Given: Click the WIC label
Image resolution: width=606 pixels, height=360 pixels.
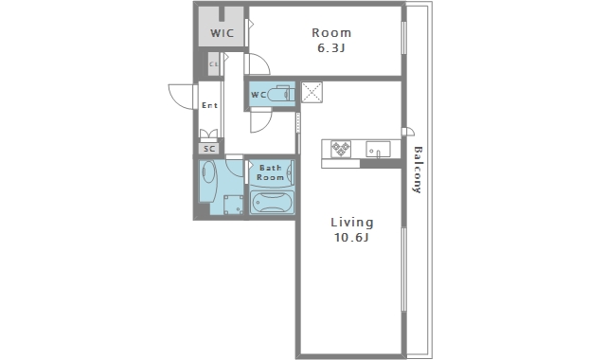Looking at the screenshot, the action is pos(223,33).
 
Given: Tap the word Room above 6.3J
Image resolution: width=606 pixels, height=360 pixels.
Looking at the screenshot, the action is pos(331,33).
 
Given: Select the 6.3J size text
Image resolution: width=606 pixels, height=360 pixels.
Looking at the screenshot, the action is pos(330,48).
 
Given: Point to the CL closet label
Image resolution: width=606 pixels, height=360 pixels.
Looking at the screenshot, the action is pos(214,64).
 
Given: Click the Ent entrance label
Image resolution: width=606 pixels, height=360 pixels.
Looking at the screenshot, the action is pos(210,105).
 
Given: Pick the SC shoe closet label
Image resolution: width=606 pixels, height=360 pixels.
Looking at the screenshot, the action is pos(209,149).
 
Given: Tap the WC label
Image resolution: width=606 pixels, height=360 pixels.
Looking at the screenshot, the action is pos(258,95).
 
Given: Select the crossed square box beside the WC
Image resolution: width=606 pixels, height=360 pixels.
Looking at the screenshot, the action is pos(312,92).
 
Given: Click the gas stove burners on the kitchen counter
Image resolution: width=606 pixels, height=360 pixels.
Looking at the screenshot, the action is pos(341,149).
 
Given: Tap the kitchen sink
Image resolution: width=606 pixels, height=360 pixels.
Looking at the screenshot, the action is pos(378,149).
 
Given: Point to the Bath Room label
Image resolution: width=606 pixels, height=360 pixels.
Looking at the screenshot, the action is pos(270,172).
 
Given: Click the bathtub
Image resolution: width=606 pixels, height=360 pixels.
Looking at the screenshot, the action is pos(272,202).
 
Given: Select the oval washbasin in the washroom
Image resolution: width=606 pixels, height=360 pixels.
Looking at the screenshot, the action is pos(208,171).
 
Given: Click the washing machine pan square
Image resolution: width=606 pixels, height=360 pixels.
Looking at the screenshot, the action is pos(234,205).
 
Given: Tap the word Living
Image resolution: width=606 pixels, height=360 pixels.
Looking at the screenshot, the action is pos(352,223).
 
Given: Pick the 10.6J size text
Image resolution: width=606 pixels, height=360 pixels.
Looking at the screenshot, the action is pos(351,238).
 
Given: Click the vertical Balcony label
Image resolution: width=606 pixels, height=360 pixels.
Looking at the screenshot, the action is pos(418,170).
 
